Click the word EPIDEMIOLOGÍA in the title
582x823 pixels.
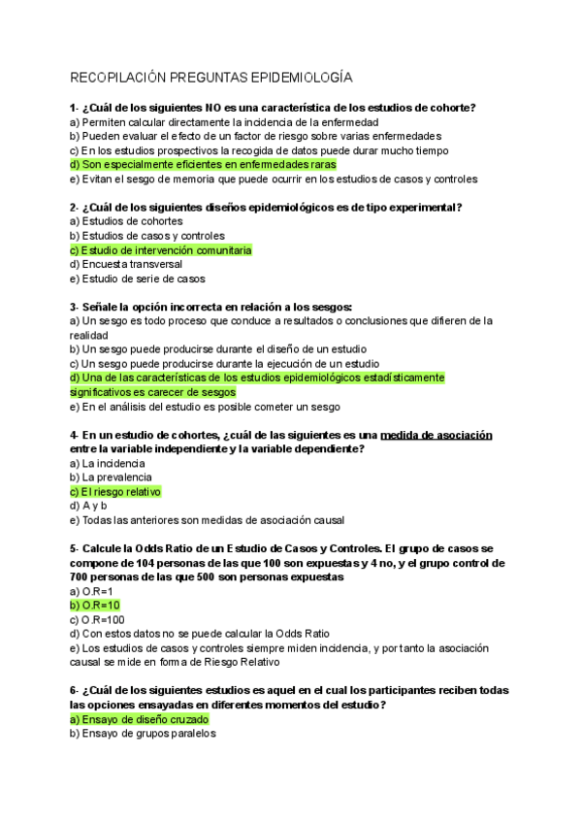pos(302,76)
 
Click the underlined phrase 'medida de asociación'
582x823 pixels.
pos(437,436)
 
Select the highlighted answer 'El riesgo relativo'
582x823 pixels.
pos(115,492)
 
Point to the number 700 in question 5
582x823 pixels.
pos(81,576)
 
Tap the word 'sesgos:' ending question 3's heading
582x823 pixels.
pos(329,306)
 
